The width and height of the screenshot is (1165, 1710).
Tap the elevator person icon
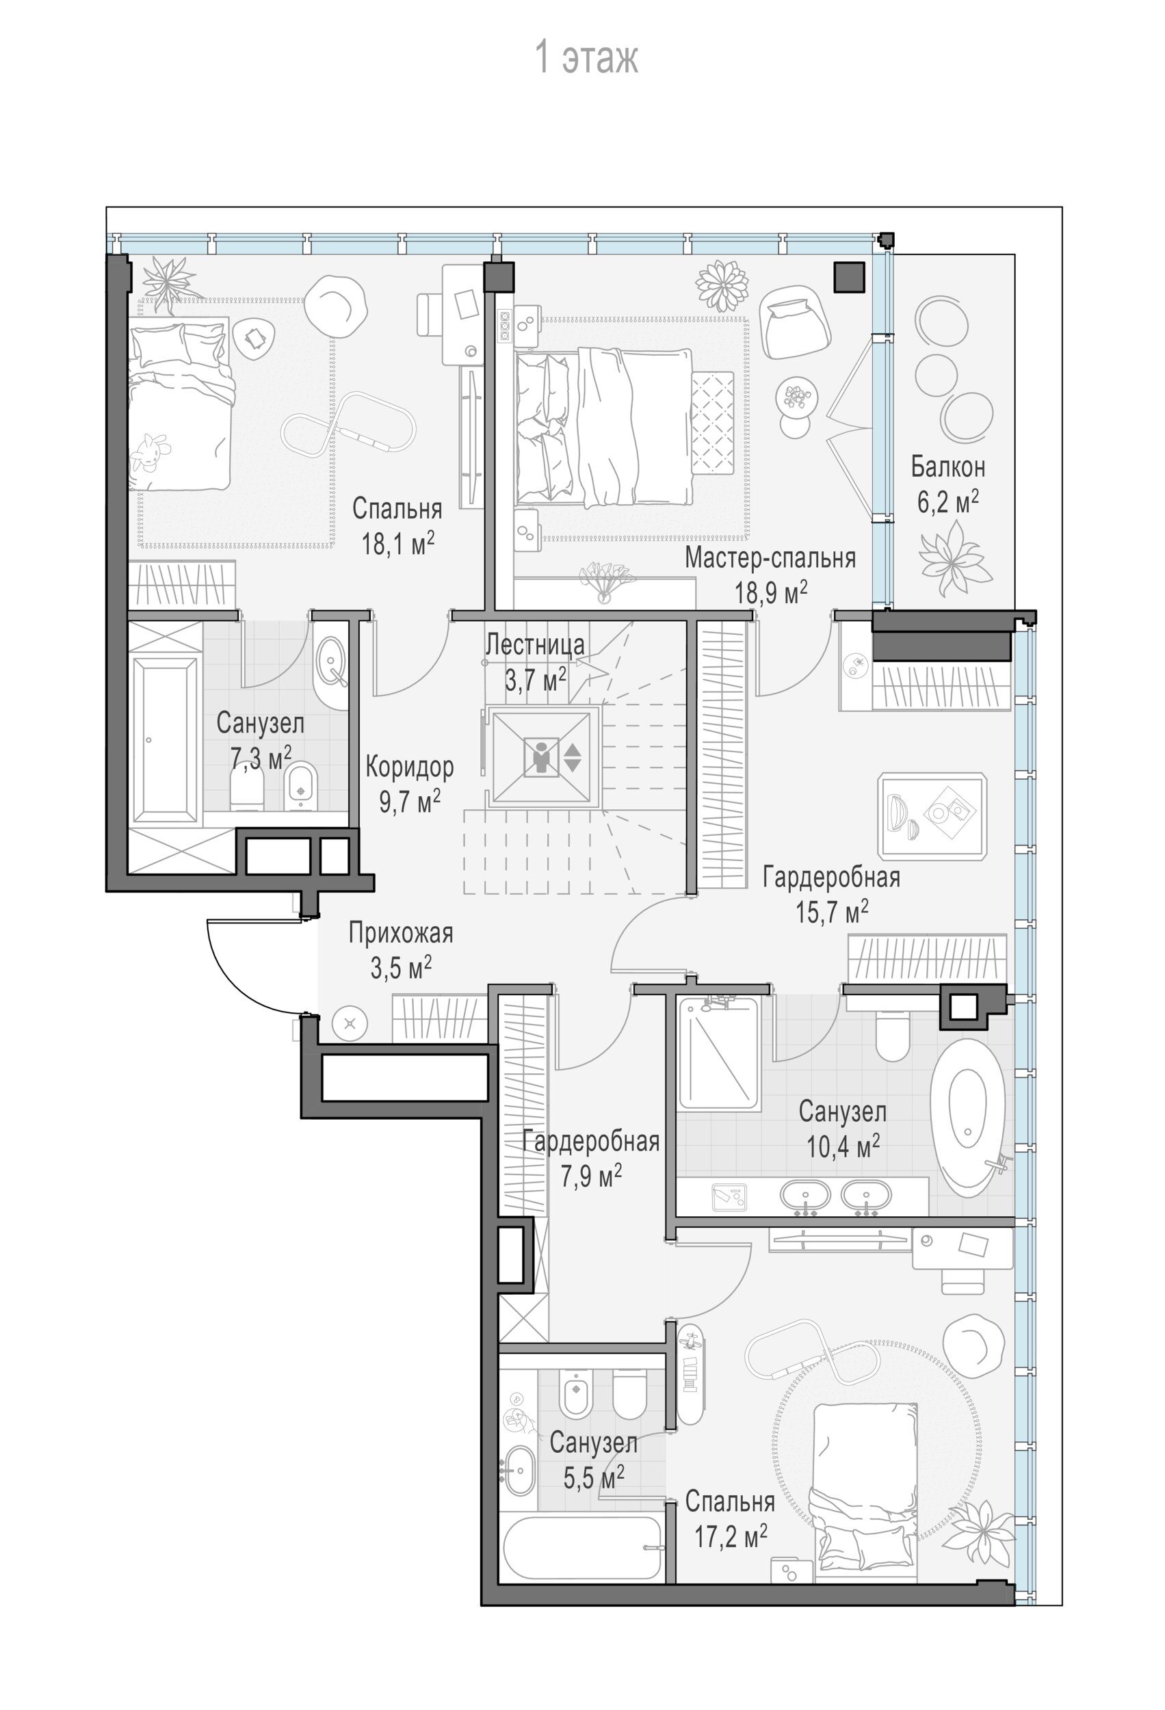(x=542, y=757)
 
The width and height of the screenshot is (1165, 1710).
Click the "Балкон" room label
(x=947, y=466)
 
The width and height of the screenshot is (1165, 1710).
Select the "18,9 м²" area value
(x=770, y=592)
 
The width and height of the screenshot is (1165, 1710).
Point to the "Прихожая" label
(x=400, y=934)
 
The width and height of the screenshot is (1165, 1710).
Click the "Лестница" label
(x=535, y=644)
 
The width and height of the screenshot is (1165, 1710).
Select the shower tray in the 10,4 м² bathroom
(x=718, y=1055)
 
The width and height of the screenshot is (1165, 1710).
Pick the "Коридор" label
(x=409, y=767)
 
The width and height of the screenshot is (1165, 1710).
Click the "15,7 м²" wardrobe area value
(x=832, y=912)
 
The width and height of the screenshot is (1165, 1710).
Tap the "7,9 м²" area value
(x=591, y=1176)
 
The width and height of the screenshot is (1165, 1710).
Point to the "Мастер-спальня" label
(x=770, y=557)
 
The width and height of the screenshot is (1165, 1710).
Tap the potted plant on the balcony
(x=952, y=558)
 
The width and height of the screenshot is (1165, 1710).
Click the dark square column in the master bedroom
(x=848, y=278)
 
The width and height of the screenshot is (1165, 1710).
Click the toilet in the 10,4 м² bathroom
(x=893, y=1037)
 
